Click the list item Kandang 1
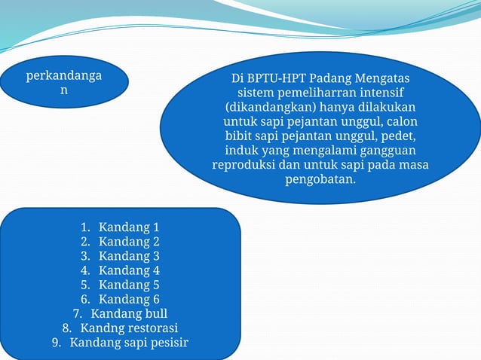[x=129, y=227]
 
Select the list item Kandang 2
[x=129, y=242]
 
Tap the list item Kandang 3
[x=129, y=256]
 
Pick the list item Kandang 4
[x=129, y=270]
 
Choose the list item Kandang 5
[x=129, y=285]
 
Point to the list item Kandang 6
[x=129, y=300]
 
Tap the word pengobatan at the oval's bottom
[x=320, y=179]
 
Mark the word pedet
[x=398, y=136]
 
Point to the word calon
[x=400, y=122]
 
